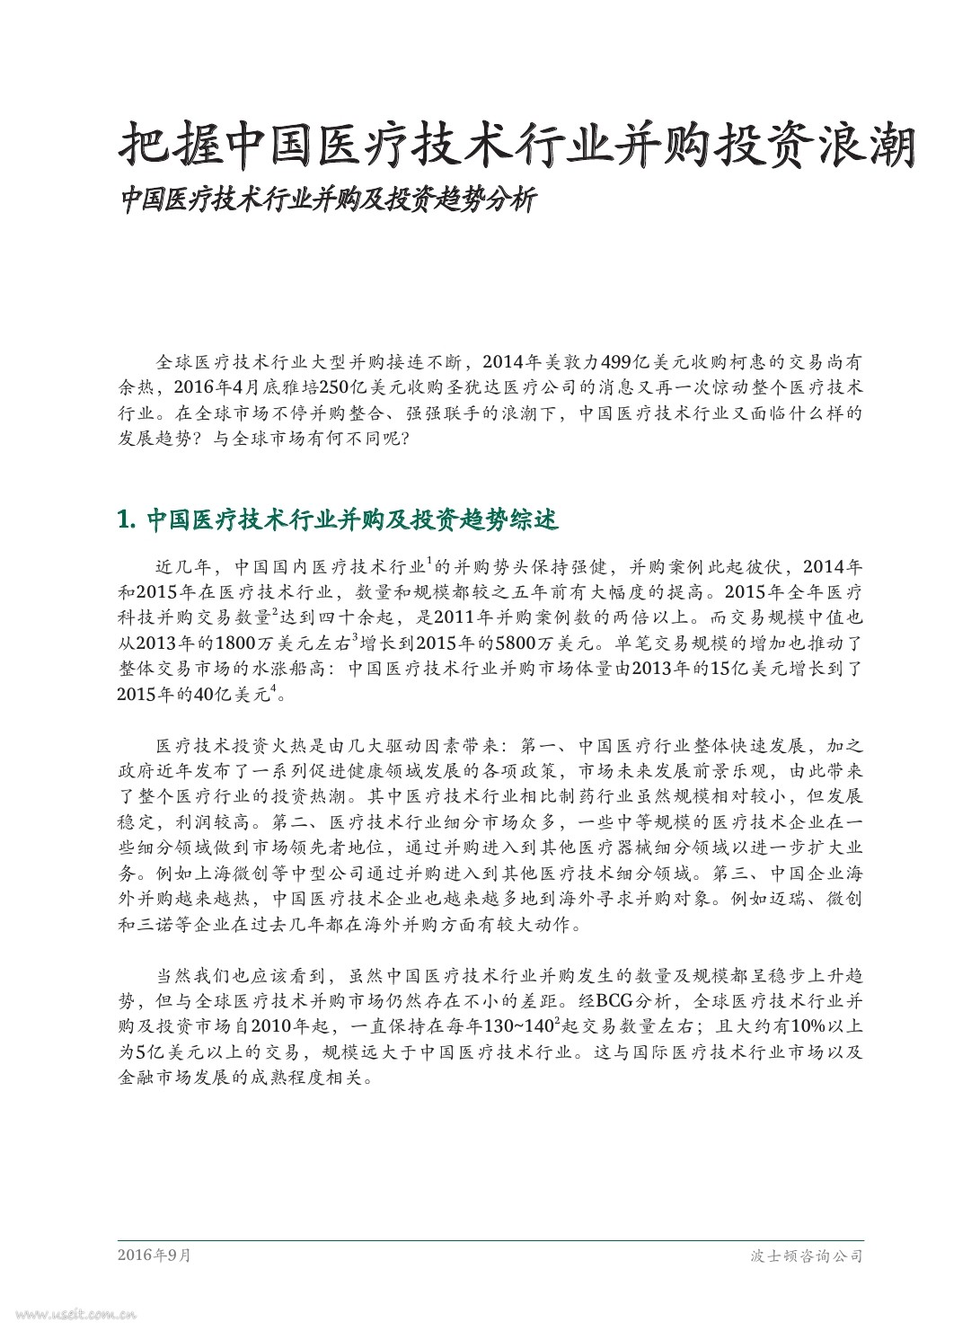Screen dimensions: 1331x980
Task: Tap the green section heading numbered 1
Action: click(338, 519)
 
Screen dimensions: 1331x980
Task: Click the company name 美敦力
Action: click(568, 362)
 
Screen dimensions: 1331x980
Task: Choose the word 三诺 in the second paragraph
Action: click(167, 924)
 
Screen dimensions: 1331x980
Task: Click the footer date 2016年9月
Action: click(154, 1256)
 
